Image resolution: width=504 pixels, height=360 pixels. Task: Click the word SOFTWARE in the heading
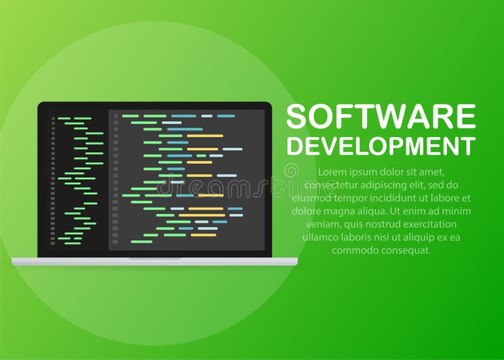[x=381, y=117]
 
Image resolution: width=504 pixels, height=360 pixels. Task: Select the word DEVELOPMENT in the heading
[x=381, y=145]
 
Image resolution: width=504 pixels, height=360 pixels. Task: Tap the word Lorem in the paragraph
[x=332, y=172]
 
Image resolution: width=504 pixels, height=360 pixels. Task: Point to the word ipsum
[x=365, y=172]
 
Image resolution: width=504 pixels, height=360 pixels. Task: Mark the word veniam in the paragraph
[x=320, y=224]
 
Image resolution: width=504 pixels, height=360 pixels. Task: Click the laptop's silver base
[x=154, y=262]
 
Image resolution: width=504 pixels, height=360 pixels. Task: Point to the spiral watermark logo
[x=291, y=172]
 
